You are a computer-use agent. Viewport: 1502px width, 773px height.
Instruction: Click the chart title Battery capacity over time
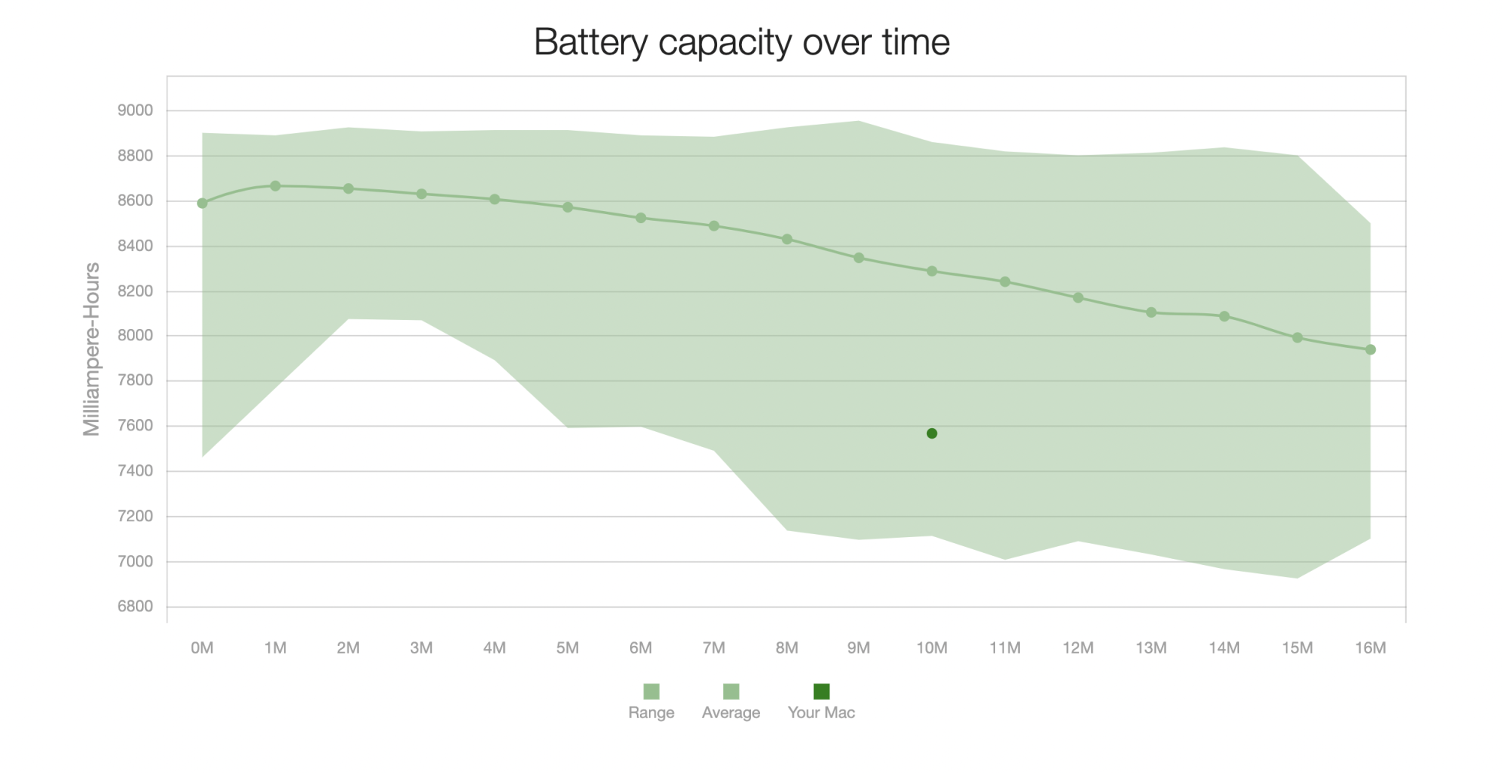click(741, 42)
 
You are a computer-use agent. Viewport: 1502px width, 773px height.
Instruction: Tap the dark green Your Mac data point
click(932, 433)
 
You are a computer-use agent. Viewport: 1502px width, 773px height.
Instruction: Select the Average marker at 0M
click(202, 204)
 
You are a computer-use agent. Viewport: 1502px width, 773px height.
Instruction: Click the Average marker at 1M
click(276, 186)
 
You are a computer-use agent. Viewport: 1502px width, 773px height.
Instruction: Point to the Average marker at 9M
click(859, 258)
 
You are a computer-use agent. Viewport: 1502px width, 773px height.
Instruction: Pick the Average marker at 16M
click(1371, 349)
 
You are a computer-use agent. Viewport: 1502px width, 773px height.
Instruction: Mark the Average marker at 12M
click(1078, 297)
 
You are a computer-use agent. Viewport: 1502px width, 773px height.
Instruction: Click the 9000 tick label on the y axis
click(135, 110)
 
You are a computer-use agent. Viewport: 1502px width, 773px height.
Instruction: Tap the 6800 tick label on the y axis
click(135, 606)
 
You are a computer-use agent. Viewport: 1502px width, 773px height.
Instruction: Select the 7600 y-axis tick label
click(135, 426)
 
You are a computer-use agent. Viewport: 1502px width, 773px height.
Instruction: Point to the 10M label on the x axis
click(932, 648)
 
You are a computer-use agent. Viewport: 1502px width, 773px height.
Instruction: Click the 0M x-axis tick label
click(202, 648)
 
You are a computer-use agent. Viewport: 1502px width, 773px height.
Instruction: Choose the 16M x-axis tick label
click(1371, 648)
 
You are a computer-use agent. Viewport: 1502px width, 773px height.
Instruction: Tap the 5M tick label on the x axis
click(568, 648)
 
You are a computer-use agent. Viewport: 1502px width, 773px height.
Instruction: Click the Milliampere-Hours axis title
click(92, 349)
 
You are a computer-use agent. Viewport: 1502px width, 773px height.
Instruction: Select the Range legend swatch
click(651, 691)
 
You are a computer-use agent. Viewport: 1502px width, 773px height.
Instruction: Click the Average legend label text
click(731, 712)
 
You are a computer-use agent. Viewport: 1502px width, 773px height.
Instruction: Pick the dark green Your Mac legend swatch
click(822, 691)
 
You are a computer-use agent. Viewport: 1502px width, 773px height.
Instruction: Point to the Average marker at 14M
click(1224, 316)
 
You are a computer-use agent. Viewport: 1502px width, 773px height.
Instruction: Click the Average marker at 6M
click(641, 218)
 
